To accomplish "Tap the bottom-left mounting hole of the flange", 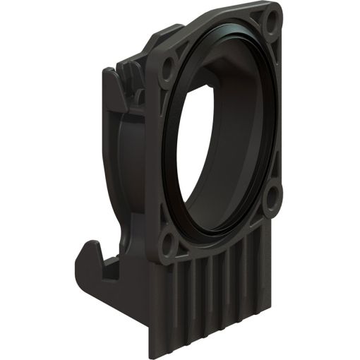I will [x=168, y=244].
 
